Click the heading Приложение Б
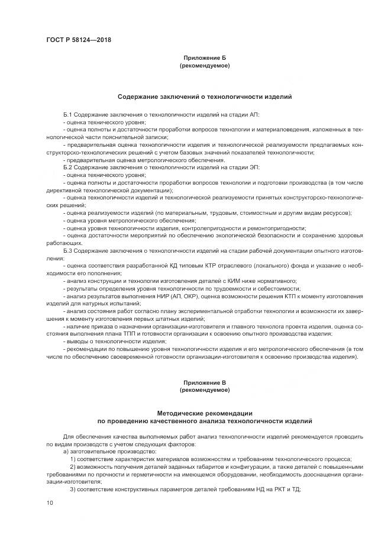click(204, 59)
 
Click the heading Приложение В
click(204, 383)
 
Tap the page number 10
click(50, 503)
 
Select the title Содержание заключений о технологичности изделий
click(204, 96)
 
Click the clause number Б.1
click(67, 114)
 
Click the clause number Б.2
click(67, 168)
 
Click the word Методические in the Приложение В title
click(180, 413)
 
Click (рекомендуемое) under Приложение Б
click(204, 66)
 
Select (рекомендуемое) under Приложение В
click(204, 390)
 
